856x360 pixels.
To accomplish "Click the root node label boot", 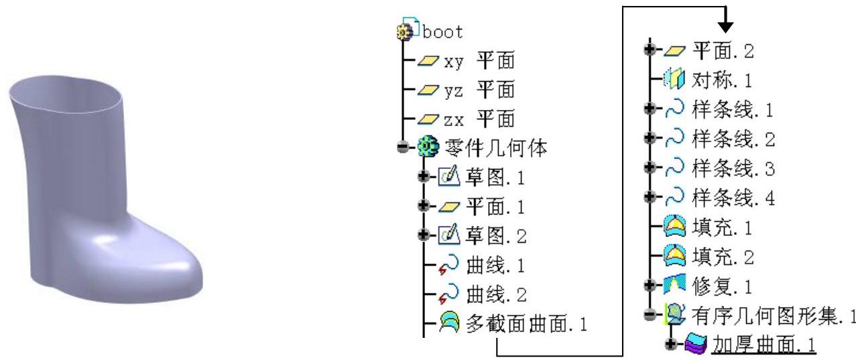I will click(x=443, y=31).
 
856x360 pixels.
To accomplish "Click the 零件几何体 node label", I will click(x=496, y=148).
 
